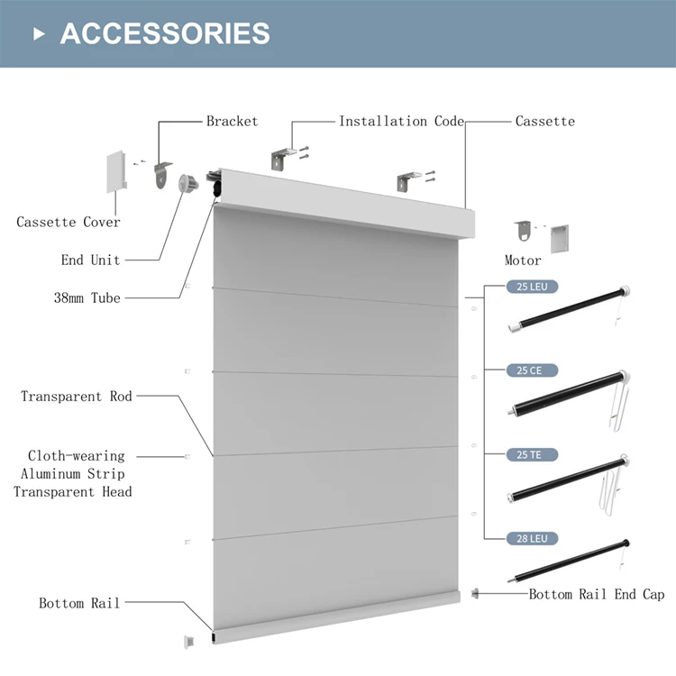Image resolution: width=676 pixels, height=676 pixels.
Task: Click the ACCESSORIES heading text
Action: tap(165, 33)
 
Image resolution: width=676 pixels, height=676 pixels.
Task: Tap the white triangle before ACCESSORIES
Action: tap(39, 33)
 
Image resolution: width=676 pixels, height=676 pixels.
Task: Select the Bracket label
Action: tap(232, 121)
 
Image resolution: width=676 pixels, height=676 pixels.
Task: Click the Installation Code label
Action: tap(401, 121)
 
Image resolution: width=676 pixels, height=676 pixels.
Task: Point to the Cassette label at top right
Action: tap(544, 121)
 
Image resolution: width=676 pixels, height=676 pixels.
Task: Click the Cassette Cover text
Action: tap(68, 222)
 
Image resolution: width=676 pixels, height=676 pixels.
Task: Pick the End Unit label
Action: tap(90, 260)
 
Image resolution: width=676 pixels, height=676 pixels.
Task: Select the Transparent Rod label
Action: tap(76, 396)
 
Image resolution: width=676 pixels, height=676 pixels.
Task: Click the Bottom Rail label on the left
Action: tap(79, 603)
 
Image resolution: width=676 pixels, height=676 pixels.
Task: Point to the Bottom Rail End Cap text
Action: tap(596, 594)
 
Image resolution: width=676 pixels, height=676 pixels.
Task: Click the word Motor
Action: tap(523, 260)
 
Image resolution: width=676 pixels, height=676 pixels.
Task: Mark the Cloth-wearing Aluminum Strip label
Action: tap(76, 465)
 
